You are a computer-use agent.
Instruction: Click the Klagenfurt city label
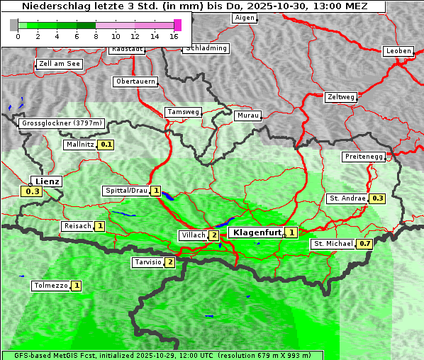pyautogui.click(x=255, y=232)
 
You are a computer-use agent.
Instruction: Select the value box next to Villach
pyautogui.click(x=213, y=235)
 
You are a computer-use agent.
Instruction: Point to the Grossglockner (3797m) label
pyautogui.click(x=62, y=123)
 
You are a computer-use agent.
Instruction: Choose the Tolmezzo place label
pyautogui.click(x=50, y=286)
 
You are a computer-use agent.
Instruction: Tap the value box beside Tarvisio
pyautogui.click(x=169, y=262)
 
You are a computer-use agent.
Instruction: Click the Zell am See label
pyautogui.click(x=60, y=64)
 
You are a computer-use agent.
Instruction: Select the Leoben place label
pyautogui.click(x=398, y=51)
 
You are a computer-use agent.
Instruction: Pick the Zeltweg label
pyautogui.click(x=341, y=96)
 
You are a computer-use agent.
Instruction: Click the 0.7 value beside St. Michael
pyautogui.click(x=364, y=244)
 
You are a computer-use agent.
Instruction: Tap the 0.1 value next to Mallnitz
pyautogui.click(x=106, y=145)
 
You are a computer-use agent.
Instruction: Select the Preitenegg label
pyautogui.click(x=364, y=156)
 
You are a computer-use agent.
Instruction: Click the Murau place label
pyautogui.click(x=247, y=115)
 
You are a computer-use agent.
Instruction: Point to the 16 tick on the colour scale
pyautogui.click(x=174, y=35)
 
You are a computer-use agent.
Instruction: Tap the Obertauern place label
pyautogui.click(x=135, y=81)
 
